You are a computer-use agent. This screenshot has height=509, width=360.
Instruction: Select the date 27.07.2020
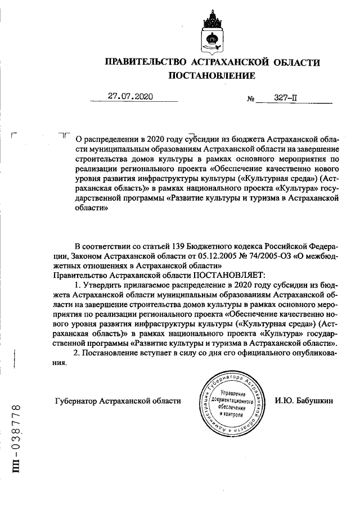[x=130, y=96]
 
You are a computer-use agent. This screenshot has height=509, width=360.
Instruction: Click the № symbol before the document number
[x=251, y=99]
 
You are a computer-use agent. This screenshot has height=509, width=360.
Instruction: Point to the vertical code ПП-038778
[x=17, y=444]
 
